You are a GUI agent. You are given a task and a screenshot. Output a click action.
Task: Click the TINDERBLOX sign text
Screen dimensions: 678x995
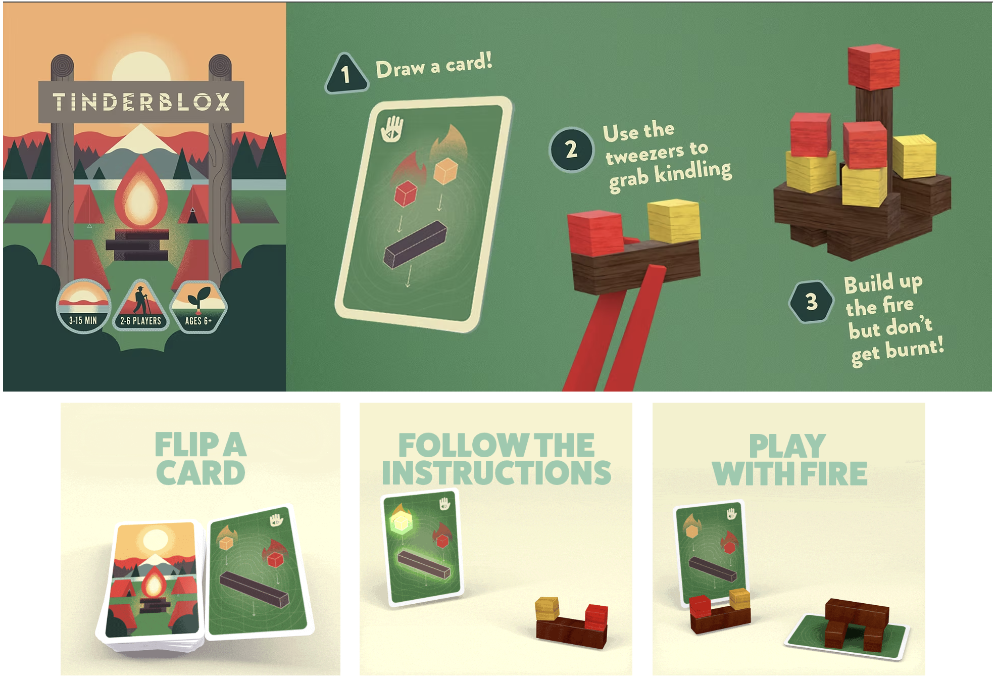[141, 102]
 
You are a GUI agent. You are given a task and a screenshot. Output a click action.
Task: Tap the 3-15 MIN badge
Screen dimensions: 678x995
[83, 306]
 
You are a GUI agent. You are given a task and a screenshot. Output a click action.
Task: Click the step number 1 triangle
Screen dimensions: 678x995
[346, 75]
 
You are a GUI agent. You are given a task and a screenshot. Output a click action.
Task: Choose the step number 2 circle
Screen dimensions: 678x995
[571, 150]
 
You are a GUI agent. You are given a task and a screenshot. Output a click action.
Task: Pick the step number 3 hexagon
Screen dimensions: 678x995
[811, 302]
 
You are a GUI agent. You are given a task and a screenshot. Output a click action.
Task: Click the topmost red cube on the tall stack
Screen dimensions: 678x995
[873, 67]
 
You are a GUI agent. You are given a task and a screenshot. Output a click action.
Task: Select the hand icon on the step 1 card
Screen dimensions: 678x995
[392, 129]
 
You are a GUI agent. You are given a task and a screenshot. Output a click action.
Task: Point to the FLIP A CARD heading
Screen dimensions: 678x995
[201, 458]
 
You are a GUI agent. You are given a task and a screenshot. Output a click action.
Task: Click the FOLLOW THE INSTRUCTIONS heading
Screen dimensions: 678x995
[496, 458]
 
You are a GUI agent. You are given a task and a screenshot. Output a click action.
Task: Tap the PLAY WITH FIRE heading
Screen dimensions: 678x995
[789, 459]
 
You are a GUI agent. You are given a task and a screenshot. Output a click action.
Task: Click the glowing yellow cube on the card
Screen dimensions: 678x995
[401, 522]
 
